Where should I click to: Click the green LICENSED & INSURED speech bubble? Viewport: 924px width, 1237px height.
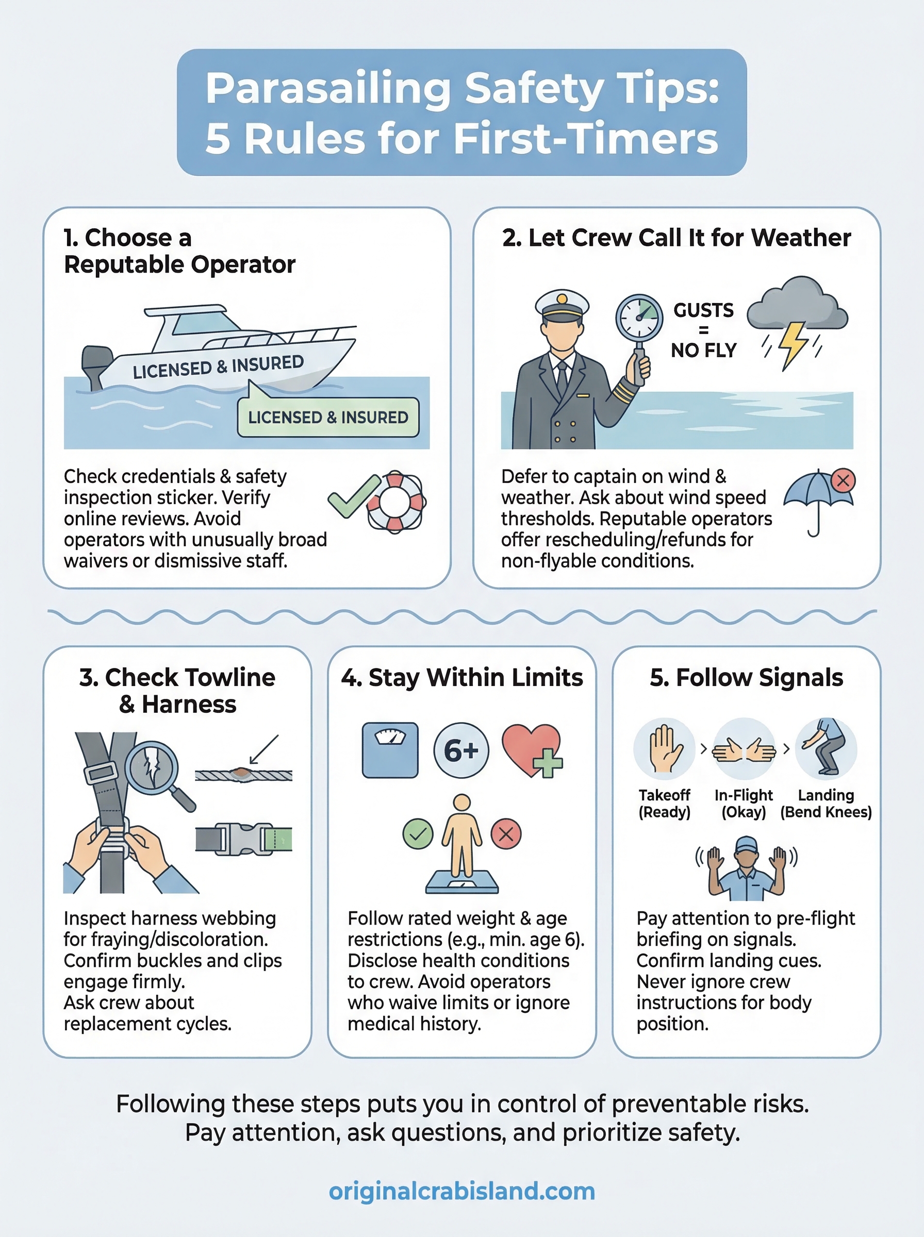click(328, 417)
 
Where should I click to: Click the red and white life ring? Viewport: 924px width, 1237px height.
click(395, 502)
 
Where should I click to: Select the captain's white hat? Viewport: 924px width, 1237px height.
click(562, 306)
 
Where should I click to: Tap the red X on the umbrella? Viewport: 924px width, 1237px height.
click(843, 480)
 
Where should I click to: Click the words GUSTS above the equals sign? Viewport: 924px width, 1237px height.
click(703, 310)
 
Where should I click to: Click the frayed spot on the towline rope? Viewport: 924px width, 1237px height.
click(242, 773)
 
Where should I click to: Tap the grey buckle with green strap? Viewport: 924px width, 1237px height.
click(244, 839)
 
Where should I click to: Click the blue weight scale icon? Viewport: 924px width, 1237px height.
click(390, 750)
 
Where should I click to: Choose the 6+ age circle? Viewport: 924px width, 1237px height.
click(461, 750)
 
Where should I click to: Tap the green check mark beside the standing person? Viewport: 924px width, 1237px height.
click(418, 834)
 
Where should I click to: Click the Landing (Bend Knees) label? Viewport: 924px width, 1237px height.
click(826, 803)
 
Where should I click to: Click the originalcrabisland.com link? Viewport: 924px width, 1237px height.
click(461, 1191)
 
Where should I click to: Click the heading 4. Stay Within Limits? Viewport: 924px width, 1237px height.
click(462, 677)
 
